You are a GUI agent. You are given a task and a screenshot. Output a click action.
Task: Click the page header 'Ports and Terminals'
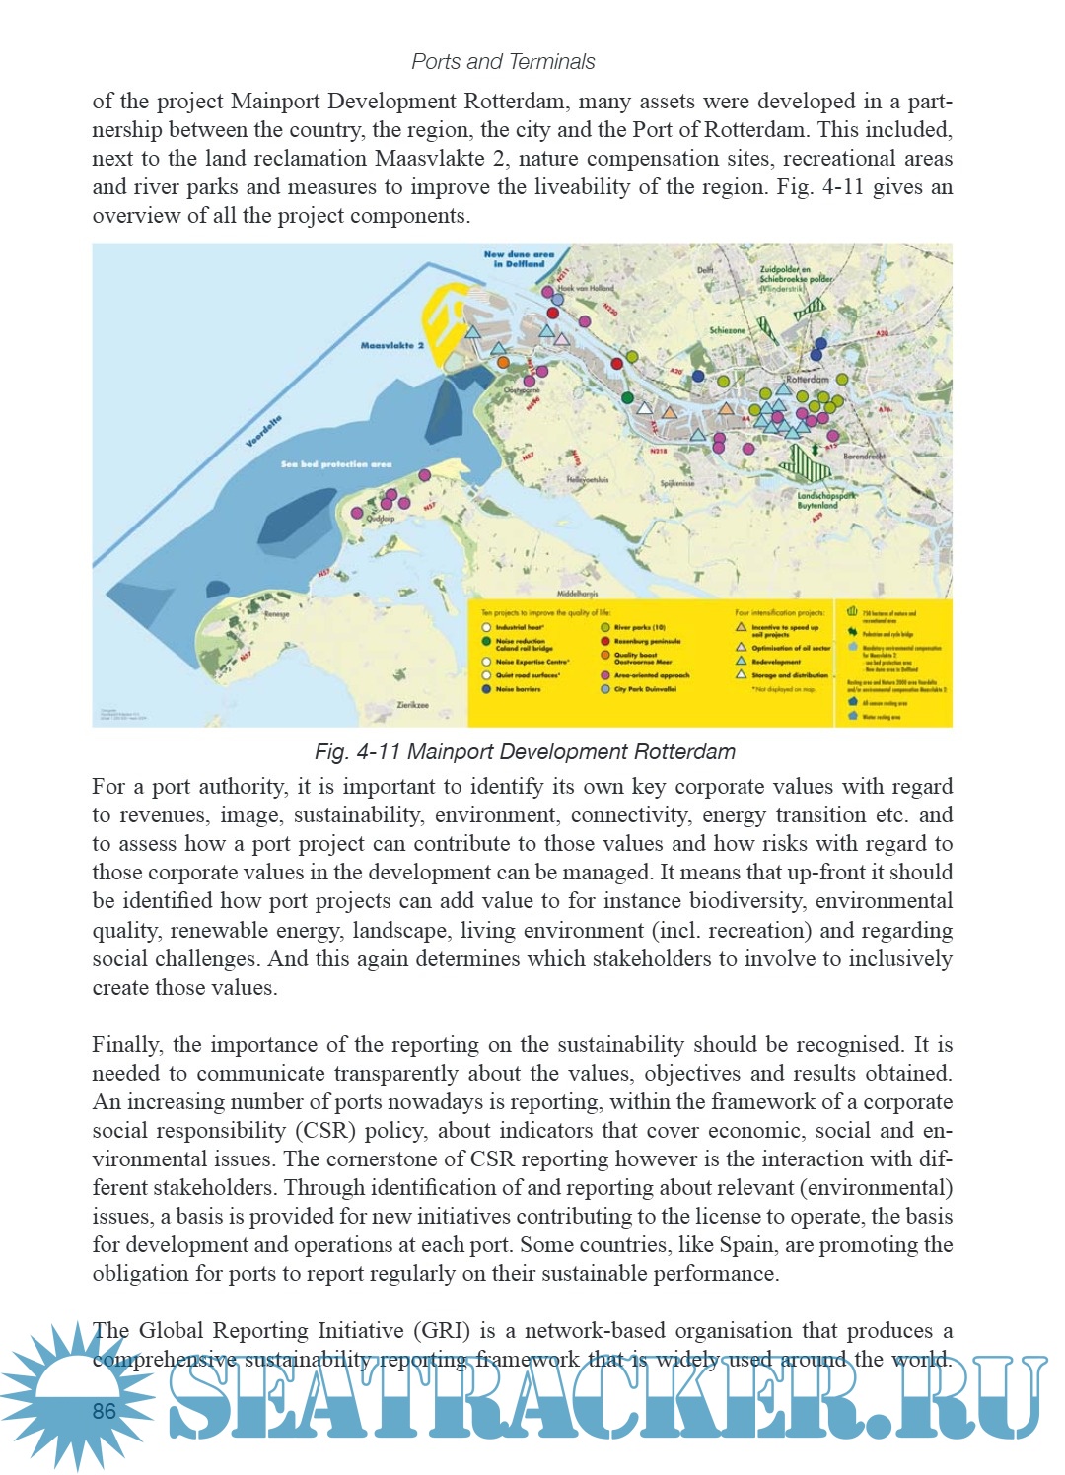[x=503, y=61]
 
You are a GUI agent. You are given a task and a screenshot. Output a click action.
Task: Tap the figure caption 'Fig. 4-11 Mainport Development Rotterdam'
[x=525, y=751]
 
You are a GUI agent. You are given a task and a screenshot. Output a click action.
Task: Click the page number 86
[x=105, y=1411]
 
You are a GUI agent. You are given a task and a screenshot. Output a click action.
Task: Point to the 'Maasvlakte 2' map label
[x=391, y=345]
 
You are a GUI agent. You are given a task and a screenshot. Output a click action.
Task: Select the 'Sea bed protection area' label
[x=335, y=463]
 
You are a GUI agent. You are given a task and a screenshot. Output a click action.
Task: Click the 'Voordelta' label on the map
[x=263, y=431]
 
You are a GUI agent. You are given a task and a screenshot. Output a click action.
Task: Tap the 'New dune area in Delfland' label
[x=519, y=258]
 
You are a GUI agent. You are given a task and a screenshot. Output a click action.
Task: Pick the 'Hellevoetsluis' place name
[x=588, y=480]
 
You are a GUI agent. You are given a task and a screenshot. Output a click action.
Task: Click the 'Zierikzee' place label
[x=412, y=705]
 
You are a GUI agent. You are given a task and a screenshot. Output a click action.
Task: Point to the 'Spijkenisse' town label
[x=677, y=484]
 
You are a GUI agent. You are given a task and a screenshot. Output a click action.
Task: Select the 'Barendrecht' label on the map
[x=864, y=457]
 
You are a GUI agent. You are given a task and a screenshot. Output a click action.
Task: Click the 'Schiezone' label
[x=728, y=330]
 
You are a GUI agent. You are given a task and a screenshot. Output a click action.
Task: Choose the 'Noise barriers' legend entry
[x=518, y=689]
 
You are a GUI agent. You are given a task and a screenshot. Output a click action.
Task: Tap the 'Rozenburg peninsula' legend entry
[x=647, y=641]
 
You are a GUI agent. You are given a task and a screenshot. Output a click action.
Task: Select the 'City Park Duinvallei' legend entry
[x=645, y=689]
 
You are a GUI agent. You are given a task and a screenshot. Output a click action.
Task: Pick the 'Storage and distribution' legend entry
[x=789, y=675]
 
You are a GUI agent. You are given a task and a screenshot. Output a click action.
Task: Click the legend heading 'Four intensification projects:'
[x=779, y=612]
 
